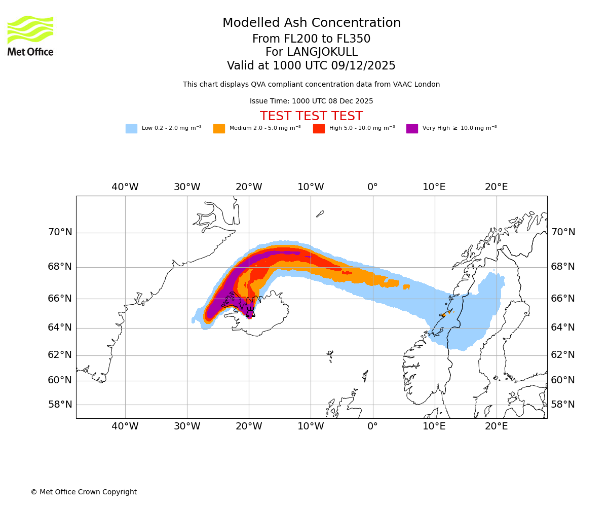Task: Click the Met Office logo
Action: [x=30, y=35]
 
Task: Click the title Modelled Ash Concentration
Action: [x=312, y=23]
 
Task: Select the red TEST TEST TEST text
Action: [x=312, y=116]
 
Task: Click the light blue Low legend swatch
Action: [x=131, y=129]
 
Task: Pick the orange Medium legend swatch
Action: [x=219, y=129]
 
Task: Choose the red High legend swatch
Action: [x=319, y=129]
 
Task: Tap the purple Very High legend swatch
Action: [x=412, y=129]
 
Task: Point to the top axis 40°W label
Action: [x=125, y=187]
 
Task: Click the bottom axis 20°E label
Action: [x=497, y=426]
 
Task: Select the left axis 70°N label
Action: [x=60, y=232]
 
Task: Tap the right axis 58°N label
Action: [x=563, y=405]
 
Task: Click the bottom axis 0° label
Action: [x=372, y=426]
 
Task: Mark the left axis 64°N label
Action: [x=60, y=328]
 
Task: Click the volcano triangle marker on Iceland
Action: [x=250, y=313]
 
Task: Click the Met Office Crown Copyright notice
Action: [x=84, y=492]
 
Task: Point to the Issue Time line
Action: [x=312, y=101]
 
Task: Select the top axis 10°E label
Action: [x=434, y=187]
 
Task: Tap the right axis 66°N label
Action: [x=563, y=298]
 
